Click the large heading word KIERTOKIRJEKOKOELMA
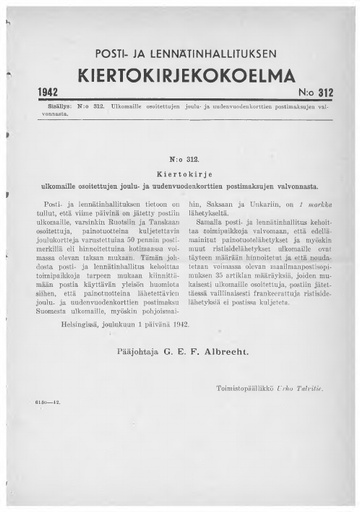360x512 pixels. point(179,77)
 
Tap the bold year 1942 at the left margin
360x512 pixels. point(48,91)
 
